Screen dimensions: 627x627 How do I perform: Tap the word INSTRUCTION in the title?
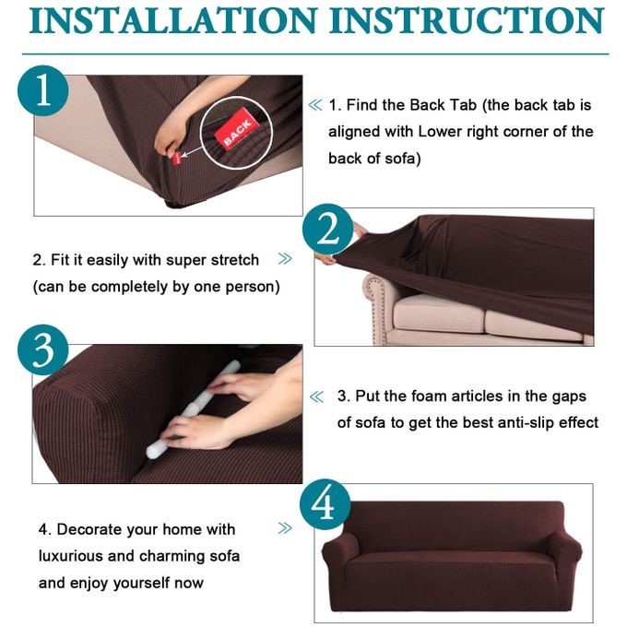(x=467, y=20)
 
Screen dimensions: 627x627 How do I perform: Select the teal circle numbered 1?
(x=42, y=90)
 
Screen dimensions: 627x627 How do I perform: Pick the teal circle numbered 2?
(x=328, y=229)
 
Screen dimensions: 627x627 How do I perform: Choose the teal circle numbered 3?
(x=42, y=349)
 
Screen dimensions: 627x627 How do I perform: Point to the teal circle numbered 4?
(x=325, y=504)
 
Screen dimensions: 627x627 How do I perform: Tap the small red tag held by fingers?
(x=177, y=159)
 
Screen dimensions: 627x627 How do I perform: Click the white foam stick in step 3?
(x=193, y=408)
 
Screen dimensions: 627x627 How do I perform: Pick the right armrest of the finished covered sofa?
(x=563, y=556)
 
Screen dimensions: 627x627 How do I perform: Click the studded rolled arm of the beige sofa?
(x=379, y=304)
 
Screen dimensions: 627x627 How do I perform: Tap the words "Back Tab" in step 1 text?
(x=444, y=105)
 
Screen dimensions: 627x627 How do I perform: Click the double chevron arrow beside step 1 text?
(x=315, y=105)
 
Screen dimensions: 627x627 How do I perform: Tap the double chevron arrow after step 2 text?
(x=285, y=259)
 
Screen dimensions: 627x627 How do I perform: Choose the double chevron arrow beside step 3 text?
(x=316, y=396)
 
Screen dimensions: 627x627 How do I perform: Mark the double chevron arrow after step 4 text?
(x=285, y=528)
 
